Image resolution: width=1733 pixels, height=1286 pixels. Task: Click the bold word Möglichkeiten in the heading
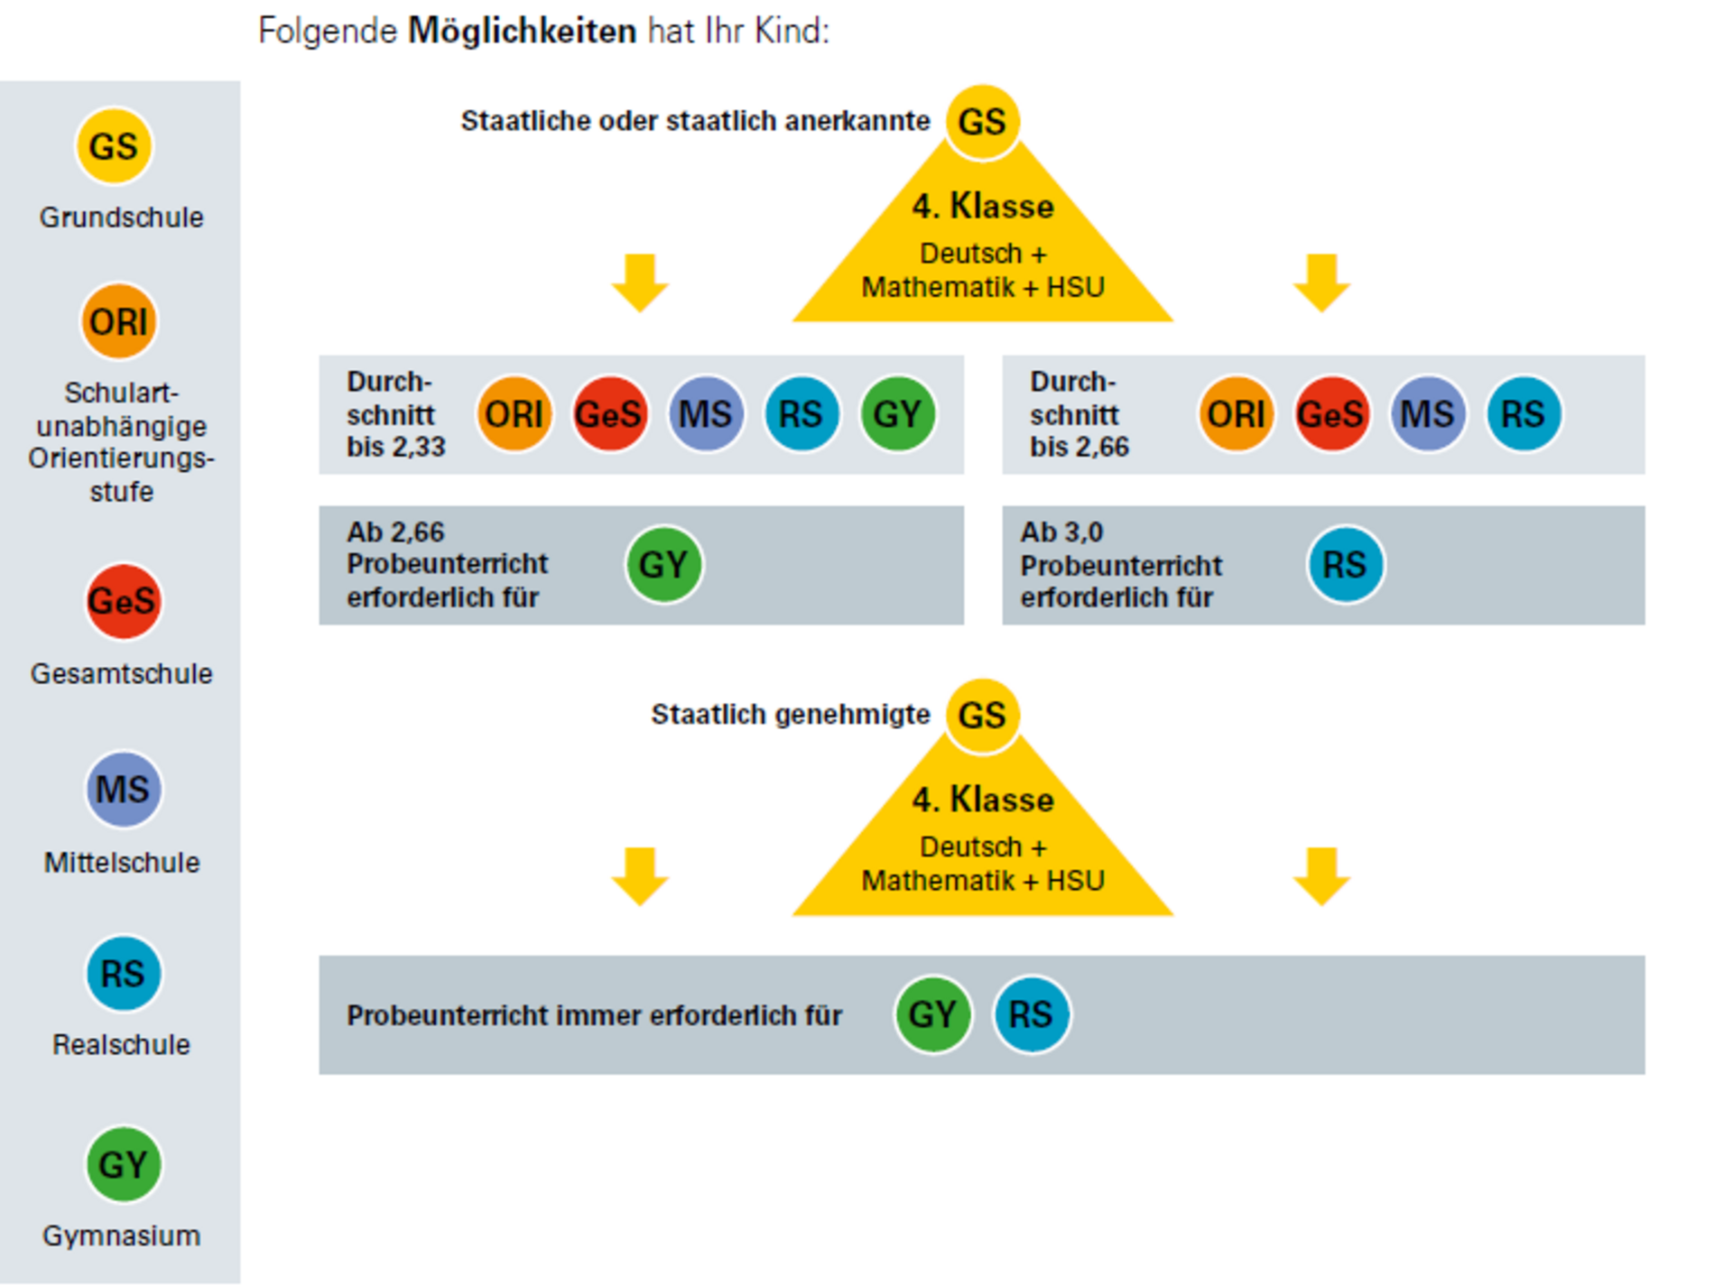click(x=522, y=32)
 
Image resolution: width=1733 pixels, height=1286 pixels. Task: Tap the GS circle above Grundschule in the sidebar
click(x=114, y=146)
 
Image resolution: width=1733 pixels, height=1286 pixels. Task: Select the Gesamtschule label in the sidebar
click(x=122, y=673)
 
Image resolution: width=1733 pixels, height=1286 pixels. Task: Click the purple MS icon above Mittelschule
click(x=124, y=790)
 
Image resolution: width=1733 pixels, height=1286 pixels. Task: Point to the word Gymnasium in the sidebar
click(x=122, y=1235)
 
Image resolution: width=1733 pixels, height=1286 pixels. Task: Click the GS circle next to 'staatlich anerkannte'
click(x=982, y=122)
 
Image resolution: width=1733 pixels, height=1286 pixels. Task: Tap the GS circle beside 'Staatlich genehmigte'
click(x=982, y=716)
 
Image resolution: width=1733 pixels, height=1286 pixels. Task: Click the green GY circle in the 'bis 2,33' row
click(x=897, y=414)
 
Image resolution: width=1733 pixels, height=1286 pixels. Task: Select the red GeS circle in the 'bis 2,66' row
click(x=1331, y=414)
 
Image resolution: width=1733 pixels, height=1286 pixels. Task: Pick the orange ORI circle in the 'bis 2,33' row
click(x=514, y=414)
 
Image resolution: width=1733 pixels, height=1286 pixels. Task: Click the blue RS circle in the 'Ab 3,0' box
click(x=1345, y=565)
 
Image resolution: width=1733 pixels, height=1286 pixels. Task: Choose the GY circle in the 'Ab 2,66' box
click(x=663, y=565)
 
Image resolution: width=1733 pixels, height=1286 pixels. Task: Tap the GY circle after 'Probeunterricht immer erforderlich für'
click(x=932, y=1014)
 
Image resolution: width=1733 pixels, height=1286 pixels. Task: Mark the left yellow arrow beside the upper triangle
click(x=640, y=282)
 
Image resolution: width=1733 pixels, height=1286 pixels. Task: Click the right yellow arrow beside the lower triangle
click(x=1321, y=875)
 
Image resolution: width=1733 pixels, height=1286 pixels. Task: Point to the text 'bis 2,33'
click(x=395, y=447)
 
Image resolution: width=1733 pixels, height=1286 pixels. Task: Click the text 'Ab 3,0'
click(x=1061, y=532)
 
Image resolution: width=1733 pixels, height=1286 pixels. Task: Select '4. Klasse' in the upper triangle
click(x=982, y=207)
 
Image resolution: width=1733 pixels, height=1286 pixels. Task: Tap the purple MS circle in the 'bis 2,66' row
click(x=1427, y=414)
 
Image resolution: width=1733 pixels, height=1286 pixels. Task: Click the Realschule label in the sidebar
click(x=122, y=1044)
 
